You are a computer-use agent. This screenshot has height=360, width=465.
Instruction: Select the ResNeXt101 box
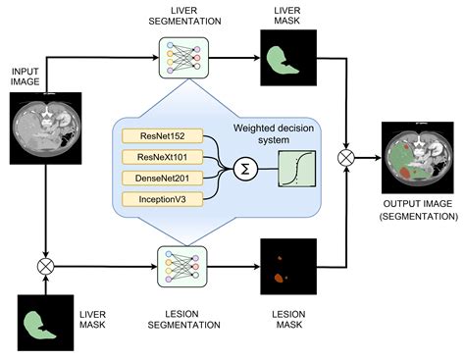[x=163, y=157]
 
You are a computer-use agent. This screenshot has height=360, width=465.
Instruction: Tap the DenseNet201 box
[x=163, y=178]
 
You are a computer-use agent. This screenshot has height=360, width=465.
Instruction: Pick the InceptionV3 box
[x=163, y=199]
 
